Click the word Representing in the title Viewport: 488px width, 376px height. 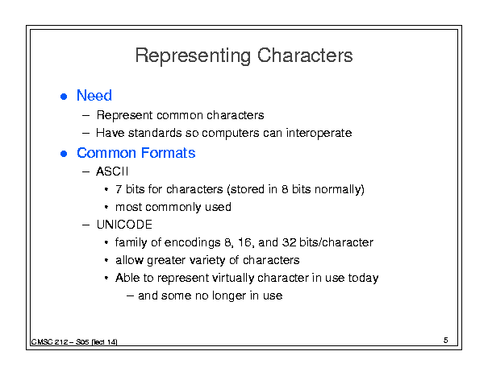(193, 56)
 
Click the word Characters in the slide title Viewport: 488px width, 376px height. (305, 56)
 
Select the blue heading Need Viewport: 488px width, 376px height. (94, 95)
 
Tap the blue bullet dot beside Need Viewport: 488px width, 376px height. (64, 97)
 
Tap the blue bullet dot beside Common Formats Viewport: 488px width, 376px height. (64, 154)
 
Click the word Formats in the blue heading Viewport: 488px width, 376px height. (168, 153)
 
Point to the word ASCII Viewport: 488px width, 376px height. (112, 171)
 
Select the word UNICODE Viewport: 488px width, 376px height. (124, 225)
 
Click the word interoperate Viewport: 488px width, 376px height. (319, 134)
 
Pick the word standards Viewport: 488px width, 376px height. (155, 133)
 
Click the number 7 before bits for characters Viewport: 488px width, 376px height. (119, 189)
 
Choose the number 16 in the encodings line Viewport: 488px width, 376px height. (244, 242)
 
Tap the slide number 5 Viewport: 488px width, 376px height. (446, 341)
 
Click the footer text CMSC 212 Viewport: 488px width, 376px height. (49, 342)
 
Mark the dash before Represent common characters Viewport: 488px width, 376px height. (86, 116)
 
